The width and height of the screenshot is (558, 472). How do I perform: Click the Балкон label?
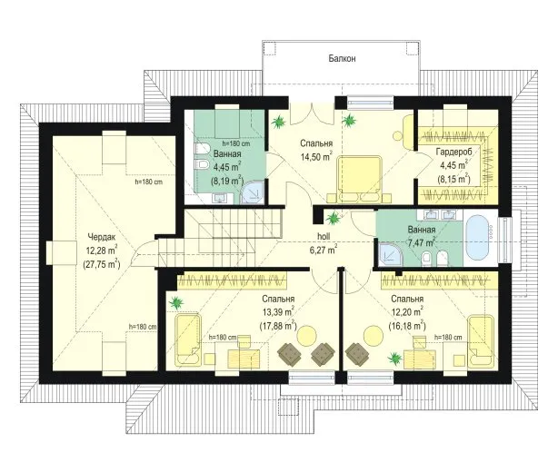pos(342,59)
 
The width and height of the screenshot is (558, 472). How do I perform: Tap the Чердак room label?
pos(102,237)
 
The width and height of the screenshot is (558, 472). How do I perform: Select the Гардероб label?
pos(453,152)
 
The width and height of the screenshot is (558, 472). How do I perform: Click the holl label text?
pos(324,236)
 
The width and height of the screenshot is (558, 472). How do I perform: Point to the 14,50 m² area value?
pos(317,157)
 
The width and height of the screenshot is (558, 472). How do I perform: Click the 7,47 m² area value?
pos(422,243)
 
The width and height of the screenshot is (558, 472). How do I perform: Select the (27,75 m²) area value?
pos(102,264)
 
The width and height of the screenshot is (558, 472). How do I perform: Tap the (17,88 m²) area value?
pos(278,325)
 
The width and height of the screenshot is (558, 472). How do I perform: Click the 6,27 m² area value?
pos(324,250)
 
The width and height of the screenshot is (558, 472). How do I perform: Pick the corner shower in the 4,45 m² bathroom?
pos(252,192)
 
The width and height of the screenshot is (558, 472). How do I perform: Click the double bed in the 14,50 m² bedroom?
pos(359,179)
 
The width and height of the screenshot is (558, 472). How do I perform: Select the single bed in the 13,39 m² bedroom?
pos(187,339)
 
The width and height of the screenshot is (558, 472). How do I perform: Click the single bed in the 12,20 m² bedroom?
pos(481,340)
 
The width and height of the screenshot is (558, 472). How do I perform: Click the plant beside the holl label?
pos(334,217)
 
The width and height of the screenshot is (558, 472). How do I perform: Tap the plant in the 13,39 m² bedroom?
pos(175,303)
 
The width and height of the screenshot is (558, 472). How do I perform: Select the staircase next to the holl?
pos(220,237)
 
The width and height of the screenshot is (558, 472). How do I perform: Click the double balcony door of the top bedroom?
pos(312,113)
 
